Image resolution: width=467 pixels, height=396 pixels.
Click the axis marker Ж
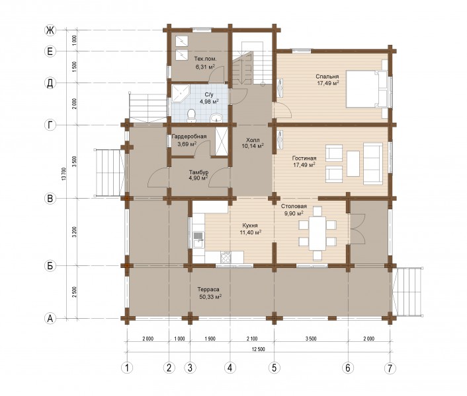pos(50,30)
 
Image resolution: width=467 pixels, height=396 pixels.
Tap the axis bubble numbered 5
pos(274,368)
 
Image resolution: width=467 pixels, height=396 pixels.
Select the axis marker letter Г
pos(50,125)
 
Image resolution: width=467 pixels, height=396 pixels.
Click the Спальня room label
pos(327,77)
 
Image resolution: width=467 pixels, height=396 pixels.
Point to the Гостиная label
pos(304,158)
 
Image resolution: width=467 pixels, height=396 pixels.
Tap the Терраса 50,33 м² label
pos(210,293)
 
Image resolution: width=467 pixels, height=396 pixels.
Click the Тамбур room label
pos(198,172)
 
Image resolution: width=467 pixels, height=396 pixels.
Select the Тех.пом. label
pos(205,59)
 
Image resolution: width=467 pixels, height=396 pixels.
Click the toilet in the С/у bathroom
pos(191,116)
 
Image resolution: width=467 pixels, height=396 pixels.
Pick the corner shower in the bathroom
pos(181,93)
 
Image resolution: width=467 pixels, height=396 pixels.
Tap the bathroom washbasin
pos(216,118)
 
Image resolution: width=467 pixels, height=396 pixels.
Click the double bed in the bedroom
pos(366,88)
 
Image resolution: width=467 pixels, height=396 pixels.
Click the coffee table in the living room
pos(353,164)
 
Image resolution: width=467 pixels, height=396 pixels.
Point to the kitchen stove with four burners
pos(226,257)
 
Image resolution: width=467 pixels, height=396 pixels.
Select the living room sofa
pos(373,164)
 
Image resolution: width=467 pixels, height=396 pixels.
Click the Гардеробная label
pos(189,137)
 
